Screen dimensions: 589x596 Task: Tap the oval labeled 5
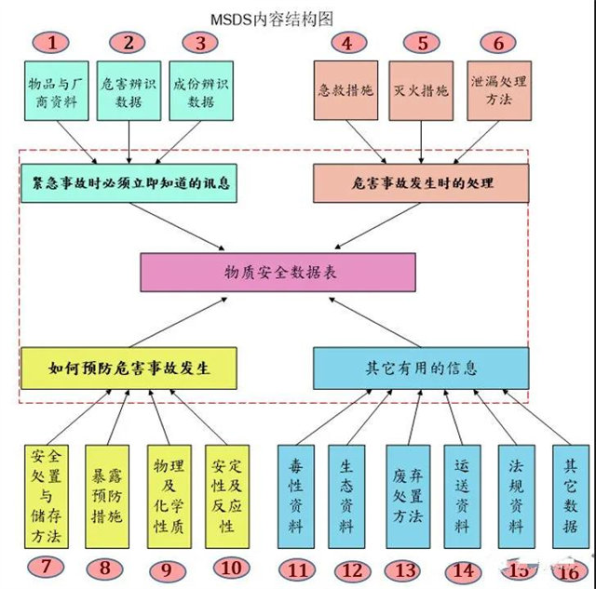[x=423, y=42]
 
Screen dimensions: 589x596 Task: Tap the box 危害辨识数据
[x=129, y=91]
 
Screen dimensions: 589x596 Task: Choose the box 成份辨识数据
[x=199, y=91]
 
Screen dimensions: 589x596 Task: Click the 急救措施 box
[x=347, y=91]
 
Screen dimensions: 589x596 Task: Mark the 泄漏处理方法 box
[x=497, y=91]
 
